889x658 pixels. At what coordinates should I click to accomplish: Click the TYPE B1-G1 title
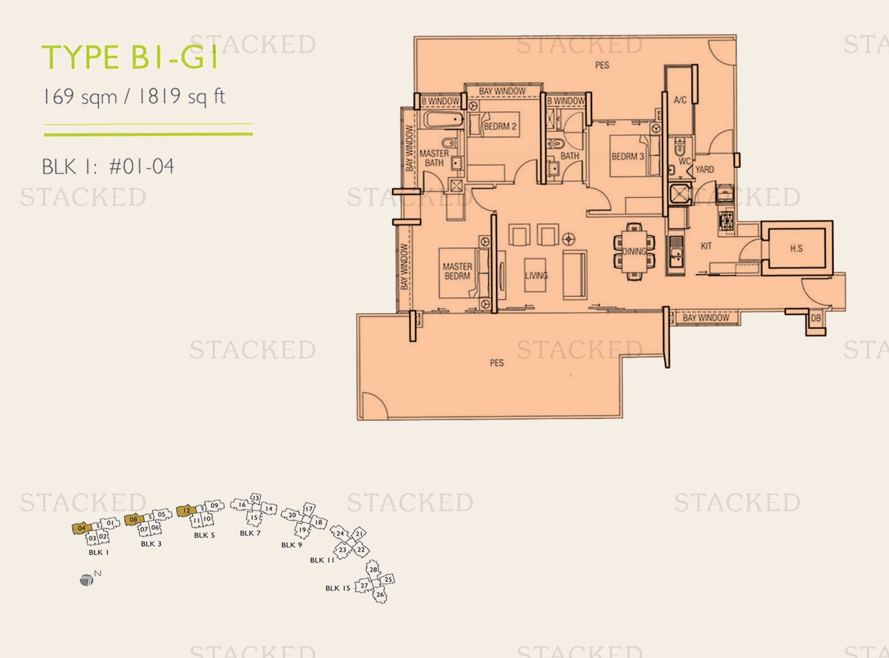(x=130, y=57)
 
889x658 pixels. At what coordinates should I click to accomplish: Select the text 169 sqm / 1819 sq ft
(x=134, y=96)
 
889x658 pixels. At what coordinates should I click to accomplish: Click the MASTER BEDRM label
(x=457, y=271)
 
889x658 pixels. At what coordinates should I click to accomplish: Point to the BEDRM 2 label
(x=500, y=126)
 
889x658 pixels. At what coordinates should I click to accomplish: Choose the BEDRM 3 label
(x=628, y=157)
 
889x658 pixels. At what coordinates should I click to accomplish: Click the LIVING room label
(x=536, y=276)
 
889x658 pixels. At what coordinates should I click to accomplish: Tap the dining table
(x=634, y=251)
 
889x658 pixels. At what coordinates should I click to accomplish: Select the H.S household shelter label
(x=796, y=248)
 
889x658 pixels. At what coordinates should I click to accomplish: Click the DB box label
(x=815, y=318)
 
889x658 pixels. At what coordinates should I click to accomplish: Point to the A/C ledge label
(x=680, y=100)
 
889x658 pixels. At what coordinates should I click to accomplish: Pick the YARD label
(x=704, y=170)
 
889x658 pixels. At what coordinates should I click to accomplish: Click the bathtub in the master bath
(x=443, y=120)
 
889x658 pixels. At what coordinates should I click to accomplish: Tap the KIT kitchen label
(x=706, y=246)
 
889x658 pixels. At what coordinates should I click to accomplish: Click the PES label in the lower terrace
(x=497, y=363)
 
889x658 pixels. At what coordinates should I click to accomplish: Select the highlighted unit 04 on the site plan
(x=82, y=528)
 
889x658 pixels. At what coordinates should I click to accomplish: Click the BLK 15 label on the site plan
(x=338, y=588)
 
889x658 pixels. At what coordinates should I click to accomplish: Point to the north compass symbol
(x=87, y=580)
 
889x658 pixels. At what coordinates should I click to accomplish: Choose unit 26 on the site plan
(x=380, y=595)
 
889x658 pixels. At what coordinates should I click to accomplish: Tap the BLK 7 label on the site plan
(x=250, y=533)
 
